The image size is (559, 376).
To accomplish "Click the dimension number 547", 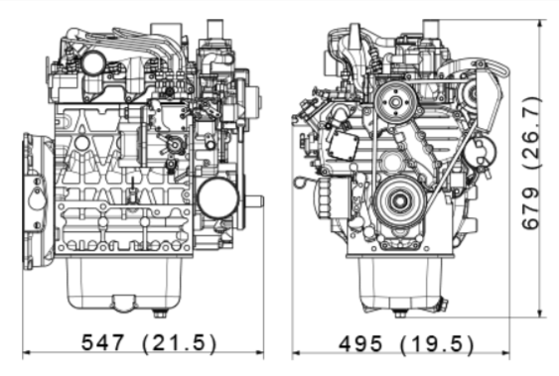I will [105, 343].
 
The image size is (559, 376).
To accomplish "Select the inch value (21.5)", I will [179, 343].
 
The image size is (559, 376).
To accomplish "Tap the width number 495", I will [365, 344].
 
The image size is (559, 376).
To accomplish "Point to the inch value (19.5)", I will [437, 344].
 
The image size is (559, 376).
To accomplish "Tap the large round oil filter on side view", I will [217, 196].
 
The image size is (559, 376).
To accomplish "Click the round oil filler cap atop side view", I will [94, 63].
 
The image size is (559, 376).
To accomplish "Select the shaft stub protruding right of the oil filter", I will [254, 201].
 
